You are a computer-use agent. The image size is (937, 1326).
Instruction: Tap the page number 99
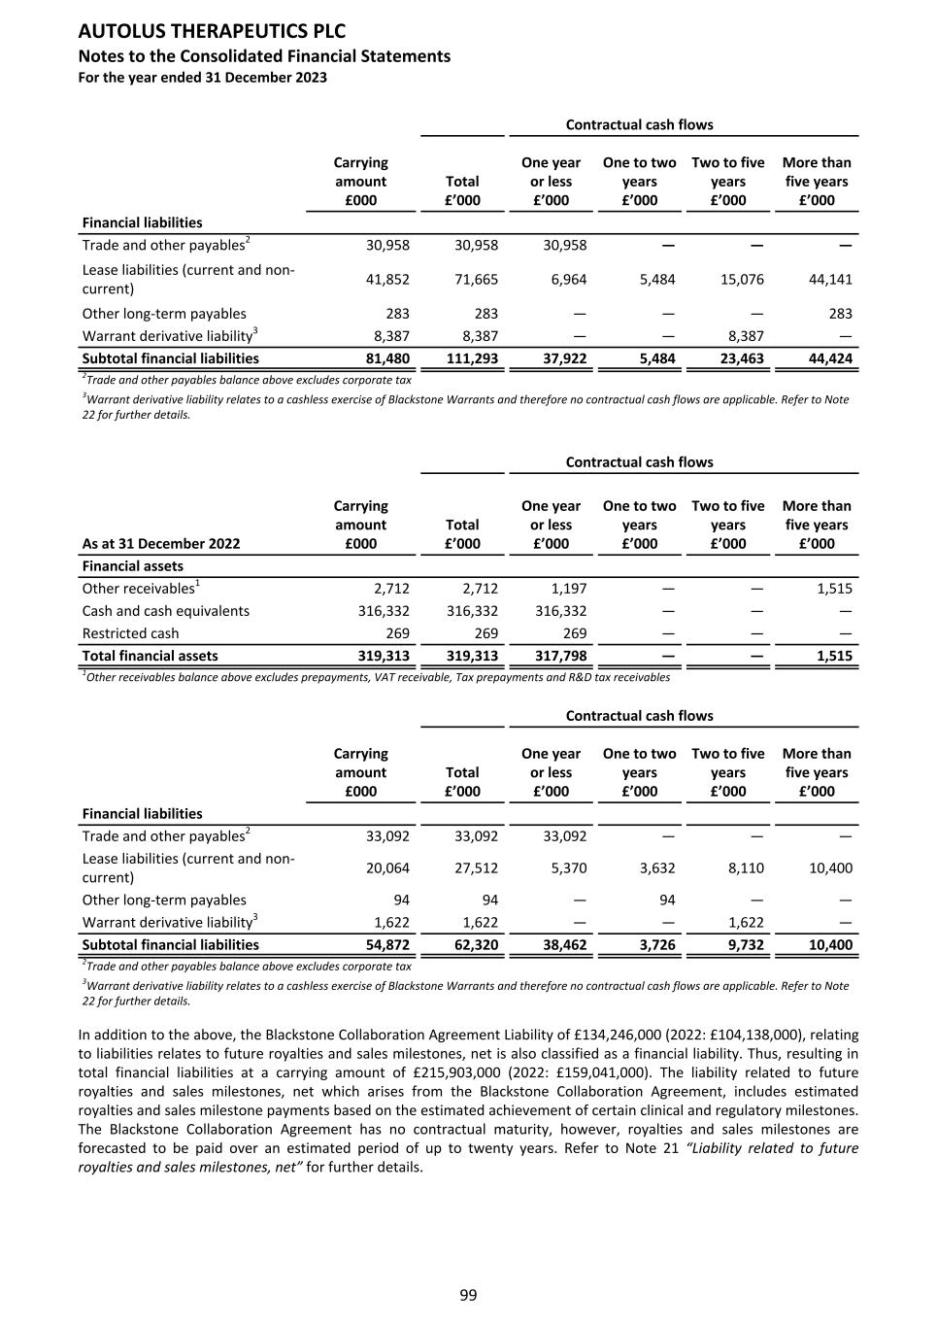(x=468, y=1295)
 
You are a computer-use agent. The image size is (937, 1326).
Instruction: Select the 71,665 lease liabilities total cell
(x=476, y=280)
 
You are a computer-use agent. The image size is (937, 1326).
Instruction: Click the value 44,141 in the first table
(x=830, y=280)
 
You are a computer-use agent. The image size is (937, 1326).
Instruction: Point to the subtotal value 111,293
(x=473, y=358)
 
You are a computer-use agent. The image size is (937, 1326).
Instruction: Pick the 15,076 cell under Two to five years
(x=742, y=280)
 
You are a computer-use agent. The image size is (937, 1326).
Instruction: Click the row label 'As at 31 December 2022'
(x=161, y=544)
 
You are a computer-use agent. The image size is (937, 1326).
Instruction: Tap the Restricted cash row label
(x=130, y=633)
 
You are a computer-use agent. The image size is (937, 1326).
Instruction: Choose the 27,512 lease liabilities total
(x=476, y=868)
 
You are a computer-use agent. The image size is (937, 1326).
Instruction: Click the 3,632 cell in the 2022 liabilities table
(x=657, y=868)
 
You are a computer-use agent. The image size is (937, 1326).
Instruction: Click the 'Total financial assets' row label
(x=151, y=656)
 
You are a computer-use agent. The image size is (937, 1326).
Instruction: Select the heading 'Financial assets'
(x=132, y=566)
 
